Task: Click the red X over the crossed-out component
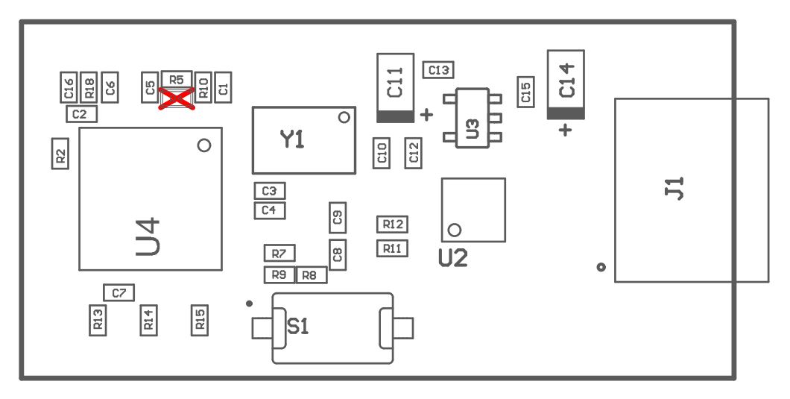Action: (177, 99)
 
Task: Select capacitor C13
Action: (438, 70)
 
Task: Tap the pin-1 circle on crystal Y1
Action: (344, 117)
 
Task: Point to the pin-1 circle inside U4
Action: (204, 145)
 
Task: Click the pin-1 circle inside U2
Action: (455, 229)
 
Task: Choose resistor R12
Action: (392, 224)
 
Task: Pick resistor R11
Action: (392, 248)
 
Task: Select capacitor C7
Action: (119, 293)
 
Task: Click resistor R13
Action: (98, 321)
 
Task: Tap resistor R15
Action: (200, 321)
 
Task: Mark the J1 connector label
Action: (674, 188)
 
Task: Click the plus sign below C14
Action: (566, 130)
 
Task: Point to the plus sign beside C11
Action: (426, 114)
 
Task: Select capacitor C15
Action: (527, 92)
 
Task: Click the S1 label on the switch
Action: (298, 327)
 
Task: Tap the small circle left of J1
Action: (601, 267)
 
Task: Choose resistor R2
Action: (60, 154)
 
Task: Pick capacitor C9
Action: (338, 217)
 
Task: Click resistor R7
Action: (279, 253)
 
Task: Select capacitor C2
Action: (81, 114)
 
